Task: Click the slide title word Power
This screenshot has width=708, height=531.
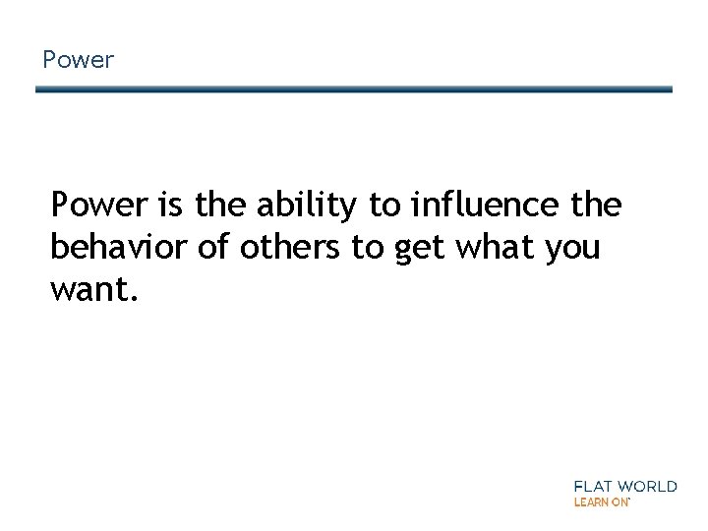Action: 79,61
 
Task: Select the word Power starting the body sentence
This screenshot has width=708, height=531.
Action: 96,206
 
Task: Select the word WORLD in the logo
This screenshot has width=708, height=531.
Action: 648,486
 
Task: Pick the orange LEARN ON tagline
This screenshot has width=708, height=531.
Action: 601,501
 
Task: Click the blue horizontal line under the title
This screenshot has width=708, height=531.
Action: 354,89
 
